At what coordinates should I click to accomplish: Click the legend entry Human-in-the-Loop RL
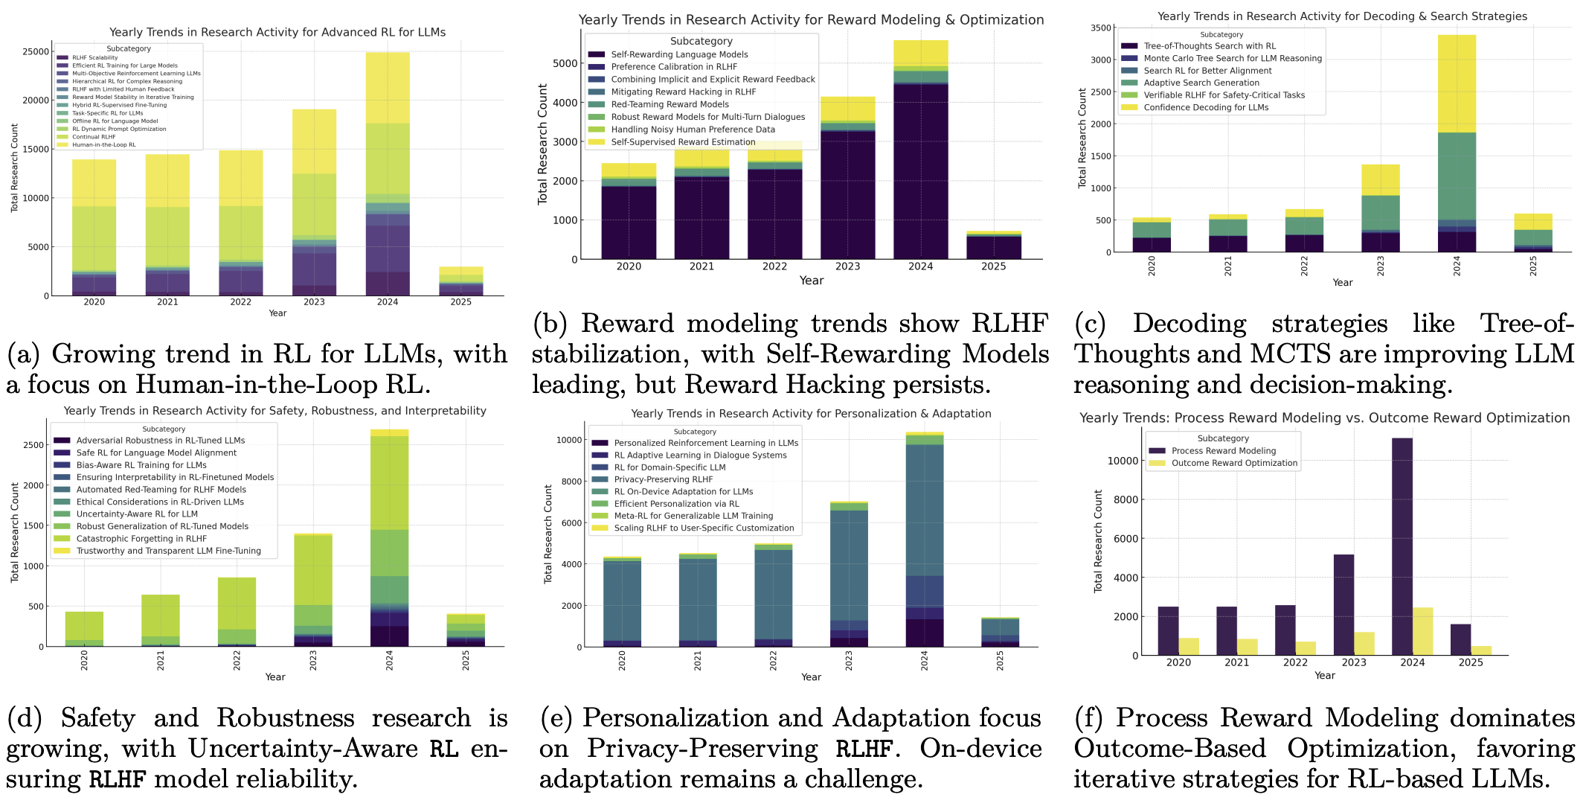(x=104, y=145)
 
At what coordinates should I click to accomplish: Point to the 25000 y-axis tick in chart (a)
(x=36, y=52)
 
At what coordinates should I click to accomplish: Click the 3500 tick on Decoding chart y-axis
(x=1101, y=28)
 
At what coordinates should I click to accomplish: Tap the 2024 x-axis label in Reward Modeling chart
(x=920, y=266)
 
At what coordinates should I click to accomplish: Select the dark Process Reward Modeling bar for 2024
(x=1402, y=547)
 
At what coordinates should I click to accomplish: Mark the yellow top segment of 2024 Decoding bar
(x=1457, y=83)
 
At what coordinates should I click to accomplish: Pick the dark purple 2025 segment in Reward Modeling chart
(x=993, y=248)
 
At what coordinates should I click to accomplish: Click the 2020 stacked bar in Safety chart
(x=84, y=629)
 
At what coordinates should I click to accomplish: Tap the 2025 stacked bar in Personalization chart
(x=1000, y=632)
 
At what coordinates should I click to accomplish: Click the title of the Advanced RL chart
(x=277, y=32)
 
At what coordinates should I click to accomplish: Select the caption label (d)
(x=25, y=718)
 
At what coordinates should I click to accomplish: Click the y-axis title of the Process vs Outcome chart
(x=1098, y=541)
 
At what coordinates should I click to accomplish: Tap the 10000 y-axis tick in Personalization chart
(x=568, y=440)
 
